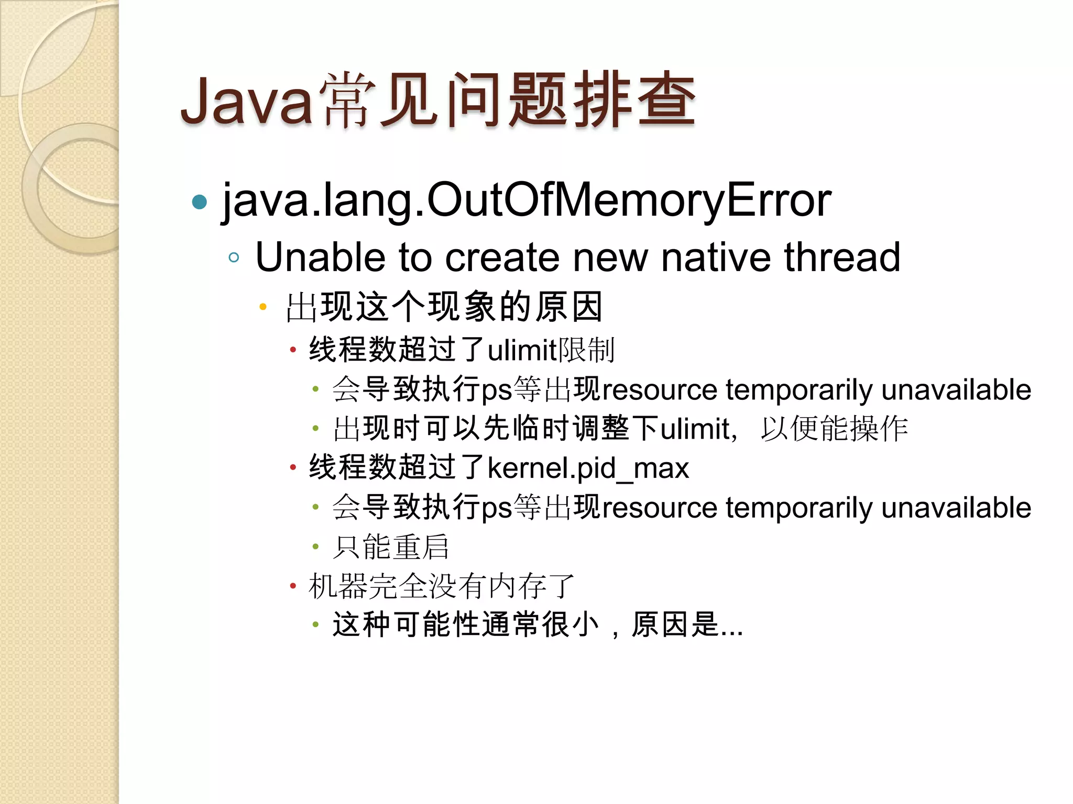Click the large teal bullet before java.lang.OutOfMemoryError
pos(200,202)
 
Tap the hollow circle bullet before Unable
pos(234,258)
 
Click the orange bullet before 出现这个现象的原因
pos(263,307)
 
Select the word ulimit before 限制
pos(521,350)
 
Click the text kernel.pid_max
pos(588,467)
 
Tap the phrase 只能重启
pos(391,547)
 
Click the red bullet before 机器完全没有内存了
pos(293,586)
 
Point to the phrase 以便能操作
pos(834,429)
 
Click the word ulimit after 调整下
pos(695,429)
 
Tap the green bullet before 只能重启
pos(315,547)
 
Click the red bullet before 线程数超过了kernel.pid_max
pos(293,467)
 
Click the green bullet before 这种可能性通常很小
pos(315,624)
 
